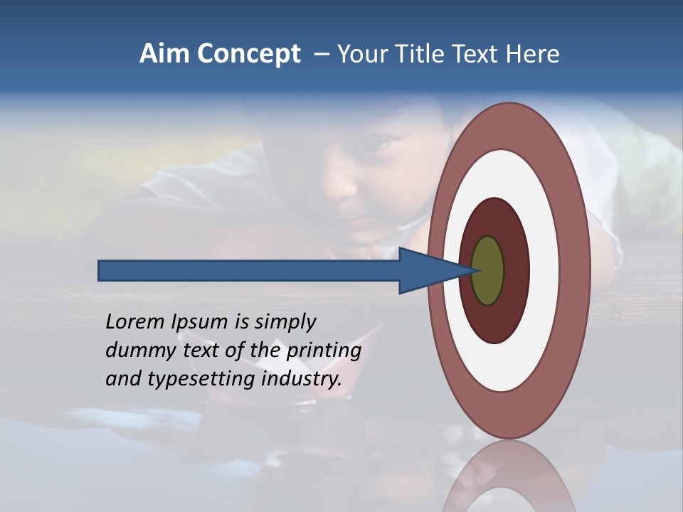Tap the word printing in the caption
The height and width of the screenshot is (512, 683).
click(322, 351)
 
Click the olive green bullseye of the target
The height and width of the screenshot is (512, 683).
click(488, 271)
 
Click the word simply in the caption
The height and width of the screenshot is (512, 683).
click(285, 323)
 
